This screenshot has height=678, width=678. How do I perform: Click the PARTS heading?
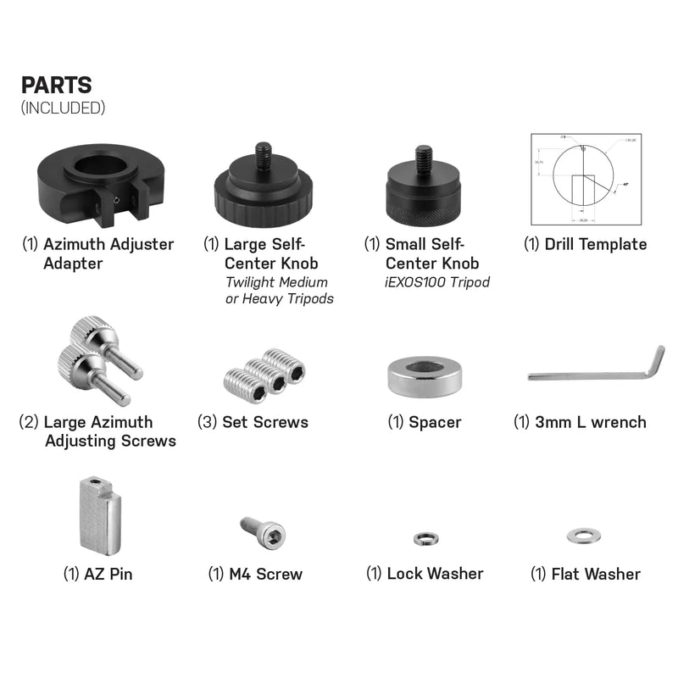56,86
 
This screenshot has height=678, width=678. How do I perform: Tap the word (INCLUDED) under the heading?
63,108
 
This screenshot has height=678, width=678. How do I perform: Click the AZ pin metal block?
98,514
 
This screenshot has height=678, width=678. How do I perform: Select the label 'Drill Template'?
585,244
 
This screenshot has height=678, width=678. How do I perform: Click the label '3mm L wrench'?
581,422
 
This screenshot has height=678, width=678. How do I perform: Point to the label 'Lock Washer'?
425,574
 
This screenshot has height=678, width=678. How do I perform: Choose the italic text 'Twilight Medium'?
275,282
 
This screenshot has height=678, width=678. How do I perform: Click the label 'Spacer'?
425,422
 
